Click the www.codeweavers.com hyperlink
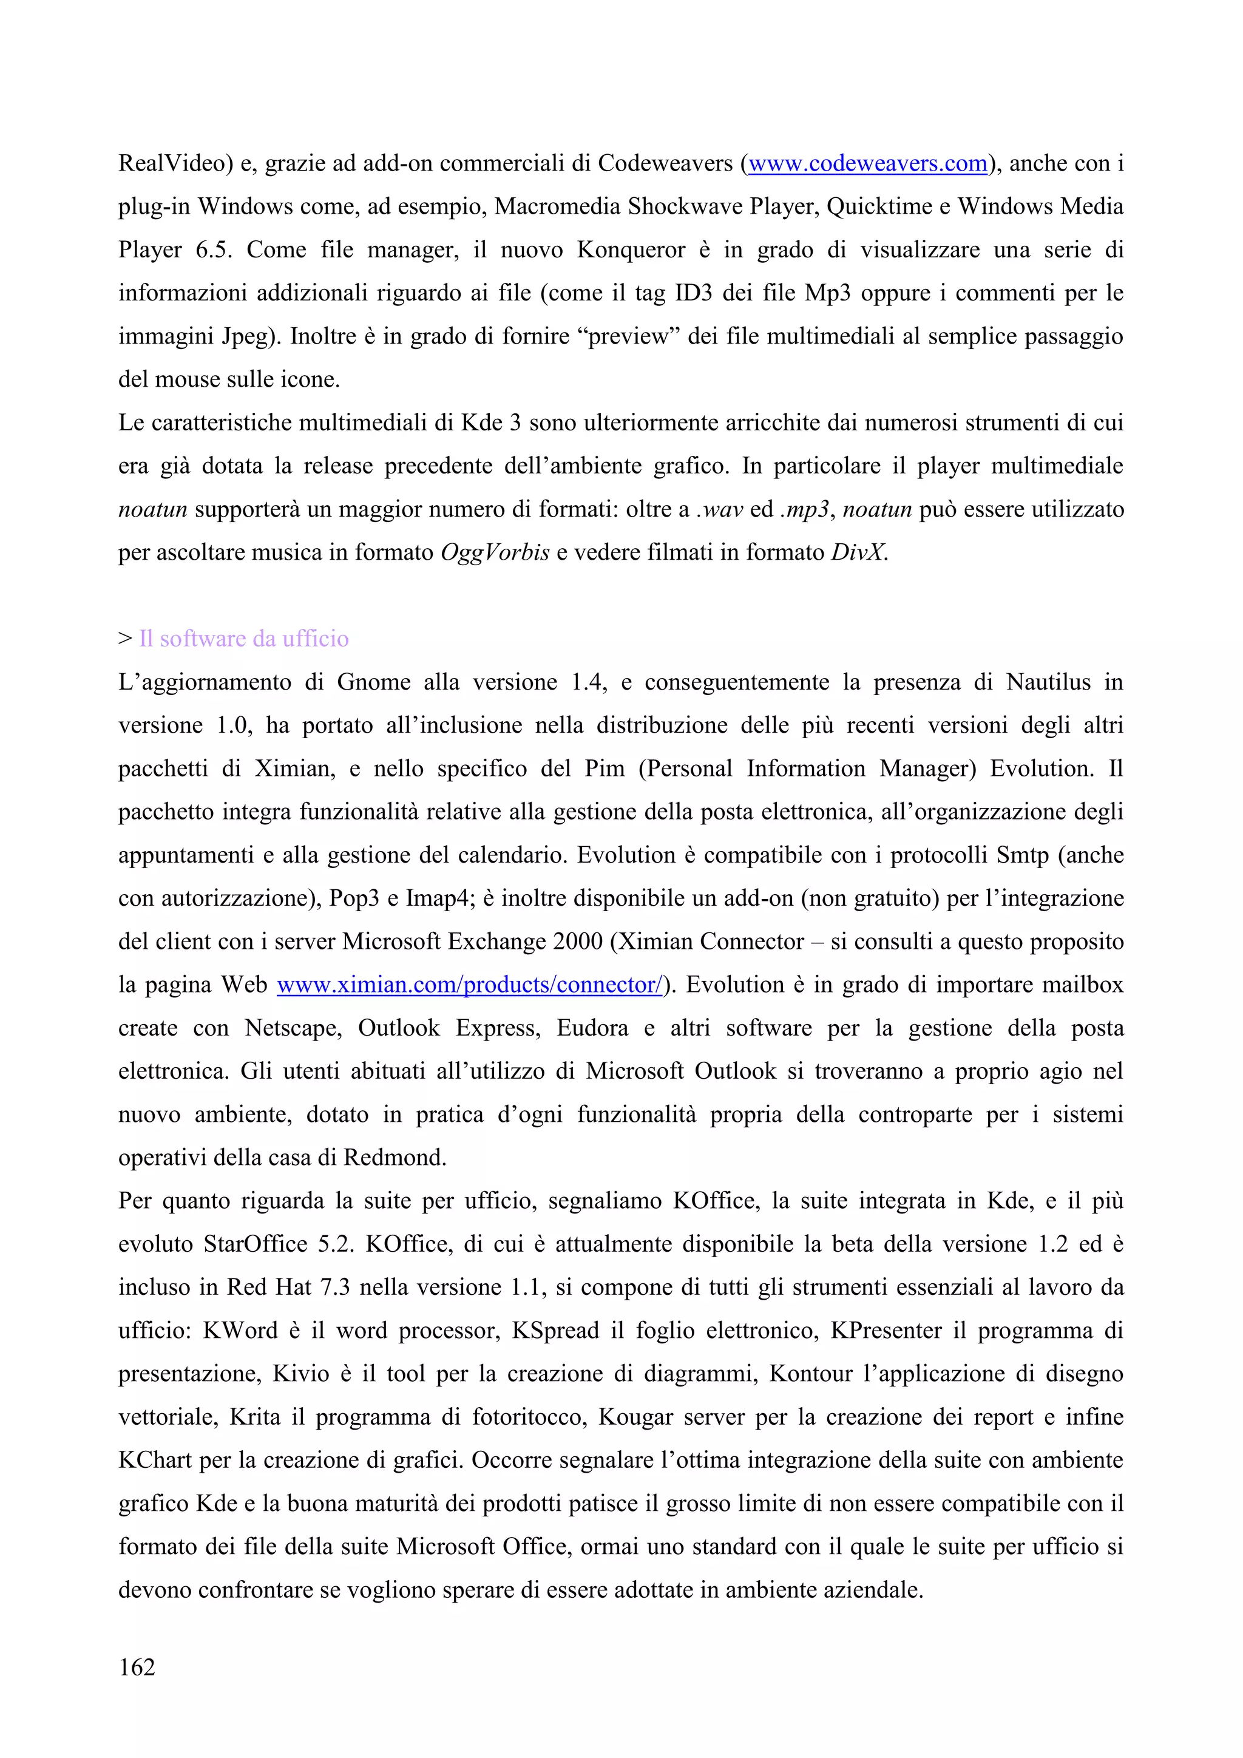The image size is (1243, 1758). click(x=867, y=163)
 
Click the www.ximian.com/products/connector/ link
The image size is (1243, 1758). click(x=469, y=985)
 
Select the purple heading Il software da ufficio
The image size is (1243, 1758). click(x=243, y=639)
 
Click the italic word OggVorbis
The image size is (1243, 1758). click(x=495, y=552)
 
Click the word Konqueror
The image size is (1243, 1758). click(x=631, y=249)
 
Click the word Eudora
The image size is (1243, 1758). click(x=592, y=1028)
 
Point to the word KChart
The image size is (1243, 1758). click(x=155, y=1460)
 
